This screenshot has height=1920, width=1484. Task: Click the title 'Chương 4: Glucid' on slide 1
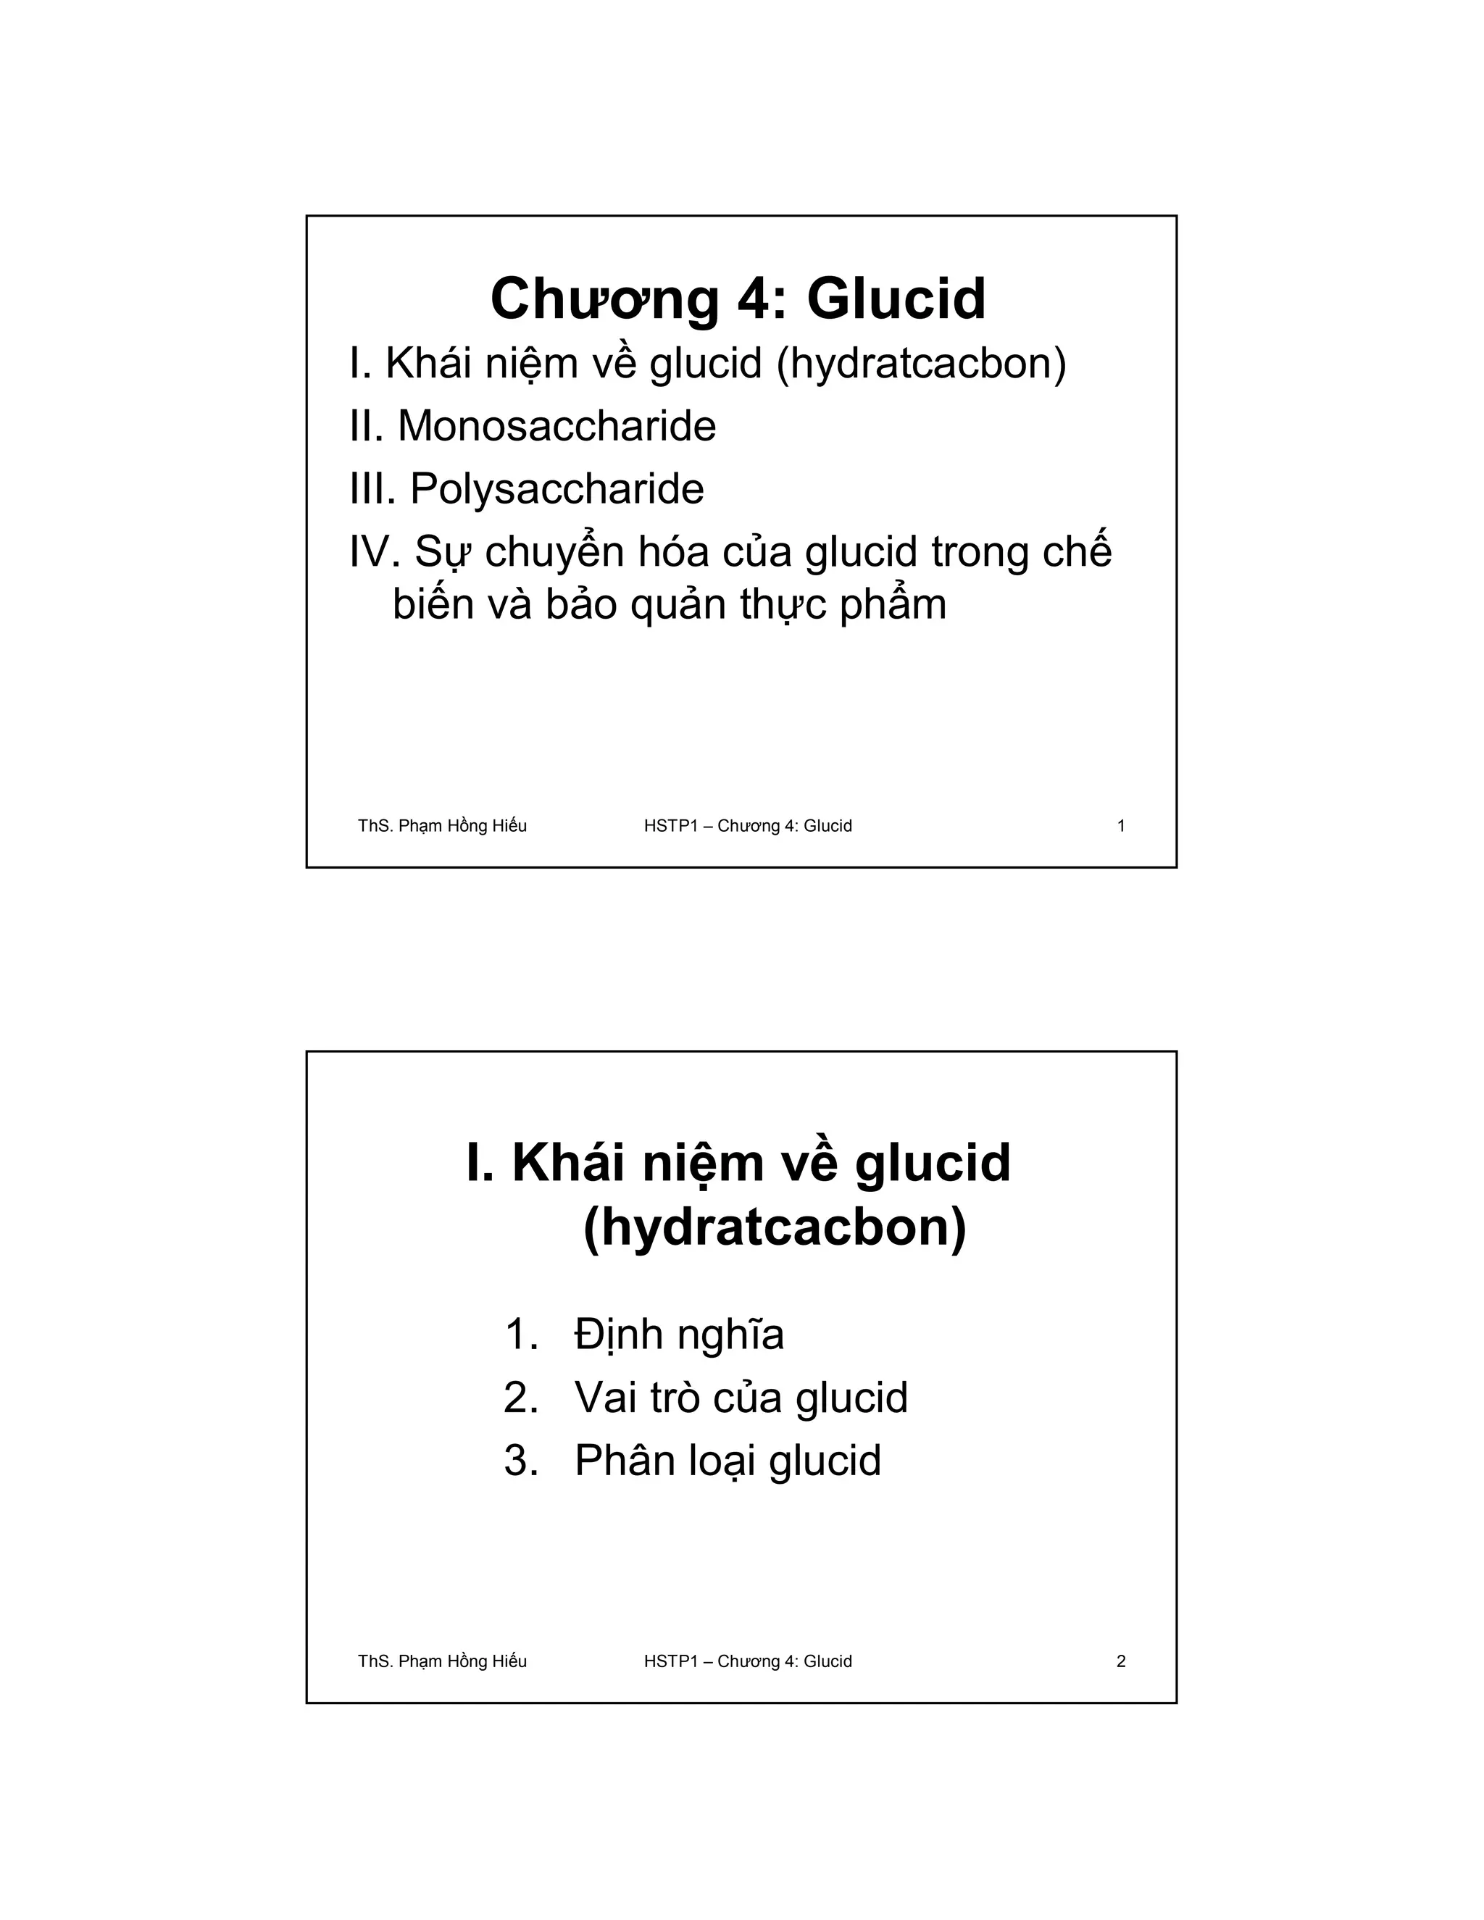738,299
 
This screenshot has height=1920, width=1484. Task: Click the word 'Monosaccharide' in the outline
556,426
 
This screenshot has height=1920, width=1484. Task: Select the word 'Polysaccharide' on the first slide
556,489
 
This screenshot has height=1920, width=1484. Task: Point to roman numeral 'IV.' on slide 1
375,552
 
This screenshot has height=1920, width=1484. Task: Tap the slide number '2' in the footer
1121,1661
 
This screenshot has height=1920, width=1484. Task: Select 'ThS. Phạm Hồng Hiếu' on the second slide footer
442,1661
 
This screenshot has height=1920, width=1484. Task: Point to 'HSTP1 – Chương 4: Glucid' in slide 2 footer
747,1661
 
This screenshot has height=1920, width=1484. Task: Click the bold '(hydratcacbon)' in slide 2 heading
774,1228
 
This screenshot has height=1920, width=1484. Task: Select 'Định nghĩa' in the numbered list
679,1335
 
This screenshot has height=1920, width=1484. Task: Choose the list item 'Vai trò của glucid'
741,1397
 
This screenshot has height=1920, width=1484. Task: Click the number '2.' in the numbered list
520,1397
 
